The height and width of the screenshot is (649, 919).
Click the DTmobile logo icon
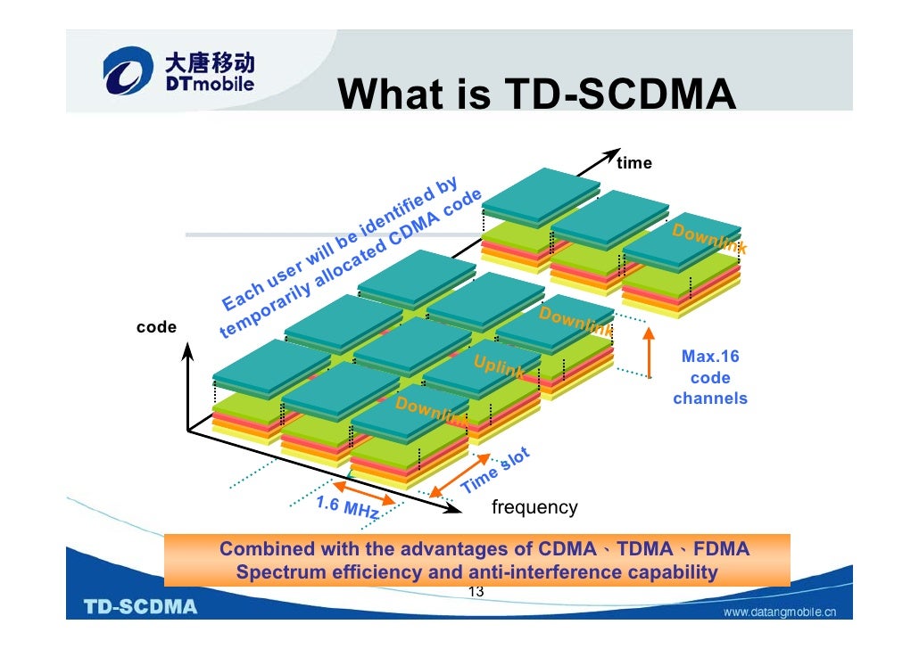(x=128, y=72)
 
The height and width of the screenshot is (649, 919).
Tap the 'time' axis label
(x=634, y=163)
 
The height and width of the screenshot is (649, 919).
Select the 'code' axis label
(x=156, y=327)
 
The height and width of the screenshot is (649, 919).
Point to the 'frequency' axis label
(x=534, y=508)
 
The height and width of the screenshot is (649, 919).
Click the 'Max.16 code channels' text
(x=710, y=377)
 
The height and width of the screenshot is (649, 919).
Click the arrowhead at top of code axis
(x=188, y=352)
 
